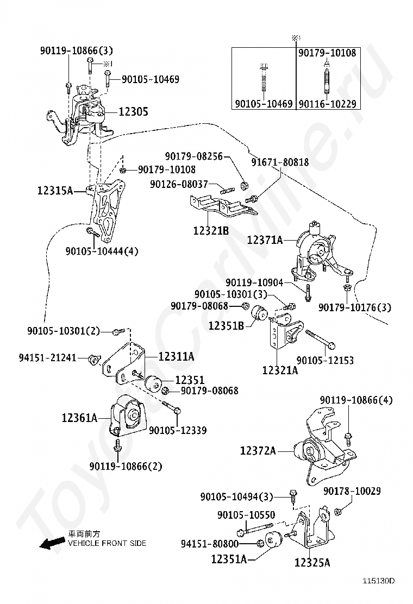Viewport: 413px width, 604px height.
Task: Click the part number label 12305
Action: pyautogui.click(x=133, y=112)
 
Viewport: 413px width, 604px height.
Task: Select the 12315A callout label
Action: pyautogui.click(x=55, y=191)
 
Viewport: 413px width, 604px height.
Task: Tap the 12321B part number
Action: pyautogui.click(x=210, y=231)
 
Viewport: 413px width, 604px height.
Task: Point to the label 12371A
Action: pyautogui.click(x=265, y=240)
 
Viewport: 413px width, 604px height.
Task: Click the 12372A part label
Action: pyautogui.click(x=258, y=450)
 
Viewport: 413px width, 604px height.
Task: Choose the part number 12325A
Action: pyautogui.click(x=312, y=563)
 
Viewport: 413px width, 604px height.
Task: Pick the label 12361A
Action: pyautogui.click(x=79, y=418)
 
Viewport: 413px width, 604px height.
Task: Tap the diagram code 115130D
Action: pyautogui.click(x=378, y=581)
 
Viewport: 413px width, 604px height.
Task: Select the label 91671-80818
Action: pyautogui.click(x=279, y=162)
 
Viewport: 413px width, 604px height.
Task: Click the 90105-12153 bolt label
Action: pyautogui.click(x=325, y=360)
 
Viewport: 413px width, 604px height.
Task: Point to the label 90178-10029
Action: pyautogui.click(x=352, y=491)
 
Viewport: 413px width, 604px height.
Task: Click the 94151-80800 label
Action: pyautogui.click(x=209, y=543)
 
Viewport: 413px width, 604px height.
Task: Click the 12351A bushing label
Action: pyautogui.click(x=229, y=558)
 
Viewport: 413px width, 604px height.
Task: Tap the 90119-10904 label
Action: pyautogui.click(x=254, y=282)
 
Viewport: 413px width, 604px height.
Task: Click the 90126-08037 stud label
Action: pyautogui.click(x=179, y=185)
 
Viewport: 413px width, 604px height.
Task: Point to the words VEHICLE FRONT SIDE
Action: pyautogui.click(x=107, y=543)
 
